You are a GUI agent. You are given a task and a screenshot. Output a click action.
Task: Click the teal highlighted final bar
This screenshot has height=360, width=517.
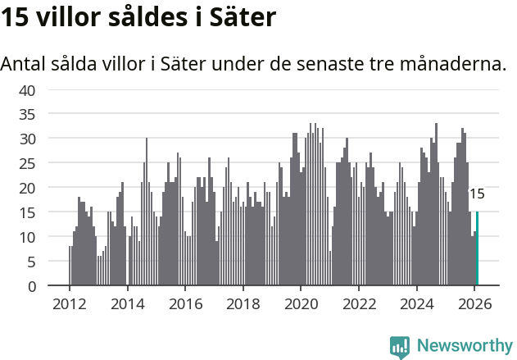[477, 248]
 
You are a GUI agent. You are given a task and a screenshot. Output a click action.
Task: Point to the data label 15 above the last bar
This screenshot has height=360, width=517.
[476, 194]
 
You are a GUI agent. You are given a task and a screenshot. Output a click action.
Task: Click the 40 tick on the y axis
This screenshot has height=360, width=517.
[27, 89]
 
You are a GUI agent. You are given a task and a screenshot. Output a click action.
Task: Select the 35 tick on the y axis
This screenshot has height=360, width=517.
[27, 114]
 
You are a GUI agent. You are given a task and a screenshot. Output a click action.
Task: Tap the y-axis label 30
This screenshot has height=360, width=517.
[27, 139]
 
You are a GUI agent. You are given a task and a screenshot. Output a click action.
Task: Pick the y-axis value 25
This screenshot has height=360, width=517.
[27, 163]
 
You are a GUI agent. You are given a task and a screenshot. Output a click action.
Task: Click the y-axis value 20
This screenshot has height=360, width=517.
[27, 188]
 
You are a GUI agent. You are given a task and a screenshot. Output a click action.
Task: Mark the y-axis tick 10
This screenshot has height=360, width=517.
[27, 237]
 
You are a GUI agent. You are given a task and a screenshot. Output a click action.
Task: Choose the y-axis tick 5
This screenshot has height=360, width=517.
[30, 262]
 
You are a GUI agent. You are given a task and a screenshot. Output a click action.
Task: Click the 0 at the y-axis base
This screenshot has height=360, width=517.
[30, 286]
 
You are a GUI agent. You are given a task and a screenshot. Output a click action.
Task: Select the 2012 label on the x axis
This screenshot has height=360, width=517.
[69, 303]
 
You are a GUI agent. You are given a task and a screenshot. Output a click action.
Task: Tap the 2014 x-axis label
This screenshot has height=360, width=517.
[127, 303]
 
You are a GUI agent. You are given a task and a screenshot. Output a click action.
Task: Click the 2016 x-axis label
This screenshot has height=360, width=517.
[185, 303]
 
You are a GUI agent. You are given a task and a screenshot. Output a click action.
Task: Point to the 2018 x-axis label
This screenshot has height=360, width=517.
[243, 303]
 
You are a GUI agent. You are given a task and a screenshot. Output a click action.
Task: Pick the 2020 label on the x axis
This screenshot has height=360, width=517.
[301, 303]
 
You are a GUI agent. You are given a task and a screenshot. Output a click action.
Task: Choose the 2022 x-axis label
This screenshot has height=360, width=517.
[359, 303]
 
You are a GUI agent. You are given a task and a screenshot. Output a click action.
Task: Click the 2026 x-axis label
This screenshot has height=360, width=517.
[474, 303]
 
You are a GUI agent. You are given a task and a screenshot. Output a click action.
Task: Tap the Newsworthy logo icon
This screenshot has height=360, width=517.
[400, 346]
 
